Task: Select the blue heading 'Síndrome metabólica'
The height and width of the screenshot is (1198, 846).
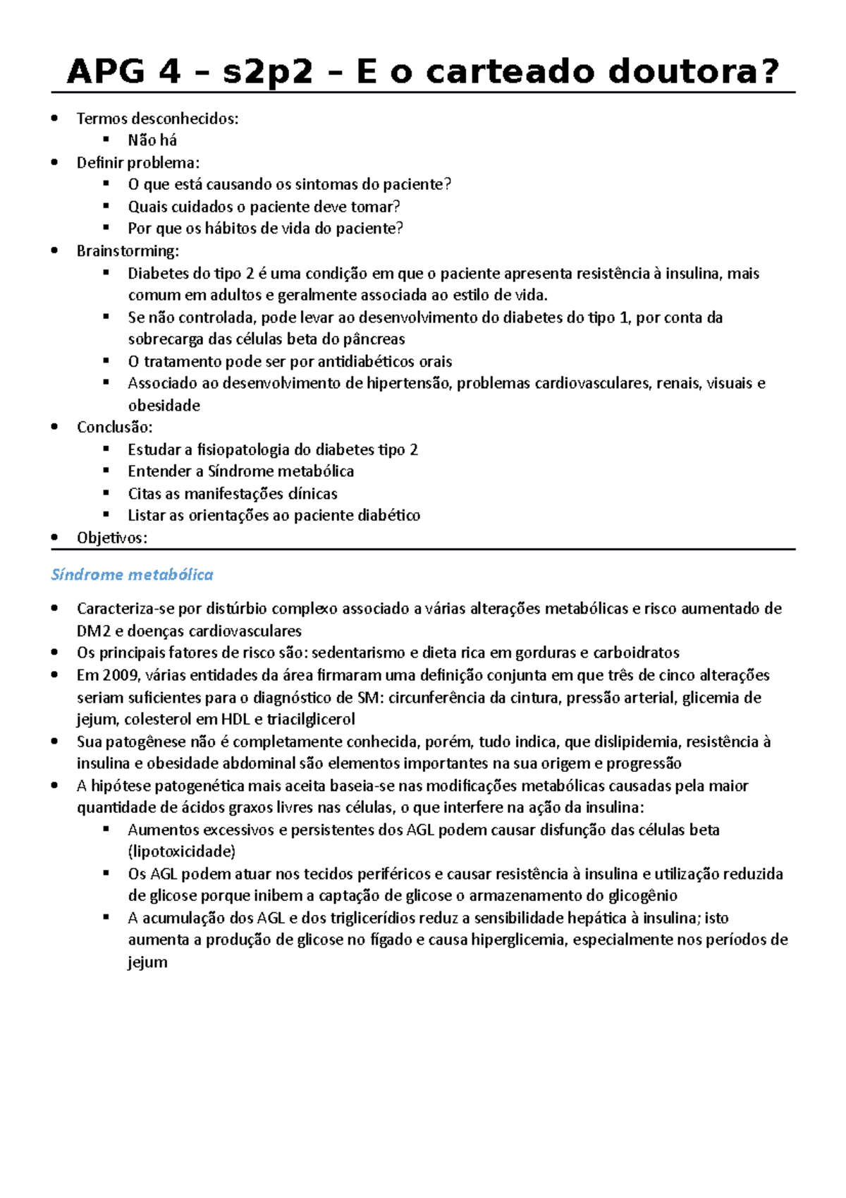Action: pyautogui.click(x=132, y=575)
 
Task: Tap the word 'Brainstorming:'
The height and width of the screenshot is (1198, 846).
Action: pyautogui.click(x=128, y=251)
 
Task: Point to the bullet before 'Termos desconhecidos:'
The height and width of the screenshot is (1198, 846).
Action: pyautogui.click(x=55, y=119)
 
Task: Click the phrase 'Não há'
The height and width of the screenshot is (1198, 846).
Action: pyautogui.click(x=152, y=140)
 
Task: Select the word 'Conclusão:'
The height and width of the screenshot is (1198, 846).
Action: pyautogui.click(x=115, y=428)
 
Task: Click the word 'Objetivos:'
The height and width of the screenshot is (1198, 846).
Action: pyautogui.click(x=112, y=538)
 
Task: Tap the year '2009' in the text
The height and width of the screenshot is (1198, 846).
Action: pyautogui.click(x=121, y=675)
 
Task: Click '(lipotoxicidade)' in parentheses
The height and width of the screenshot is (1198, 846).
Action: pyautogui.click(x=181, y=852)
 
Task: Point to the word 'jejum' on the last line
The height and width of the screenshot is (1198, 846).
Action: pyautogui.click(x=147, y=962)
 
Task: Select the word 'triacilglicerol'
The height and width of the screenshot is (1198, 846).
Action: pyautogui.click(x=311, y=720)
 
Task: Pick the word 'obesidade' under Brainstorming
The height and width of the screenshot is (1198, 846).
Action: pyautogui.click(x=164, y=406)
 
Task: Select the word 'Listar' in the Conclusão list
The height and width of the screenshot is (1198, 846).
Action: pyautogui.click(x=146, y=516)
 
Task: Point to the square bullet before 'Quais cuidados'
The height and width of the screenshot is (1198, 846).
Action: pyautogui.click(x=106, y=206)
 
